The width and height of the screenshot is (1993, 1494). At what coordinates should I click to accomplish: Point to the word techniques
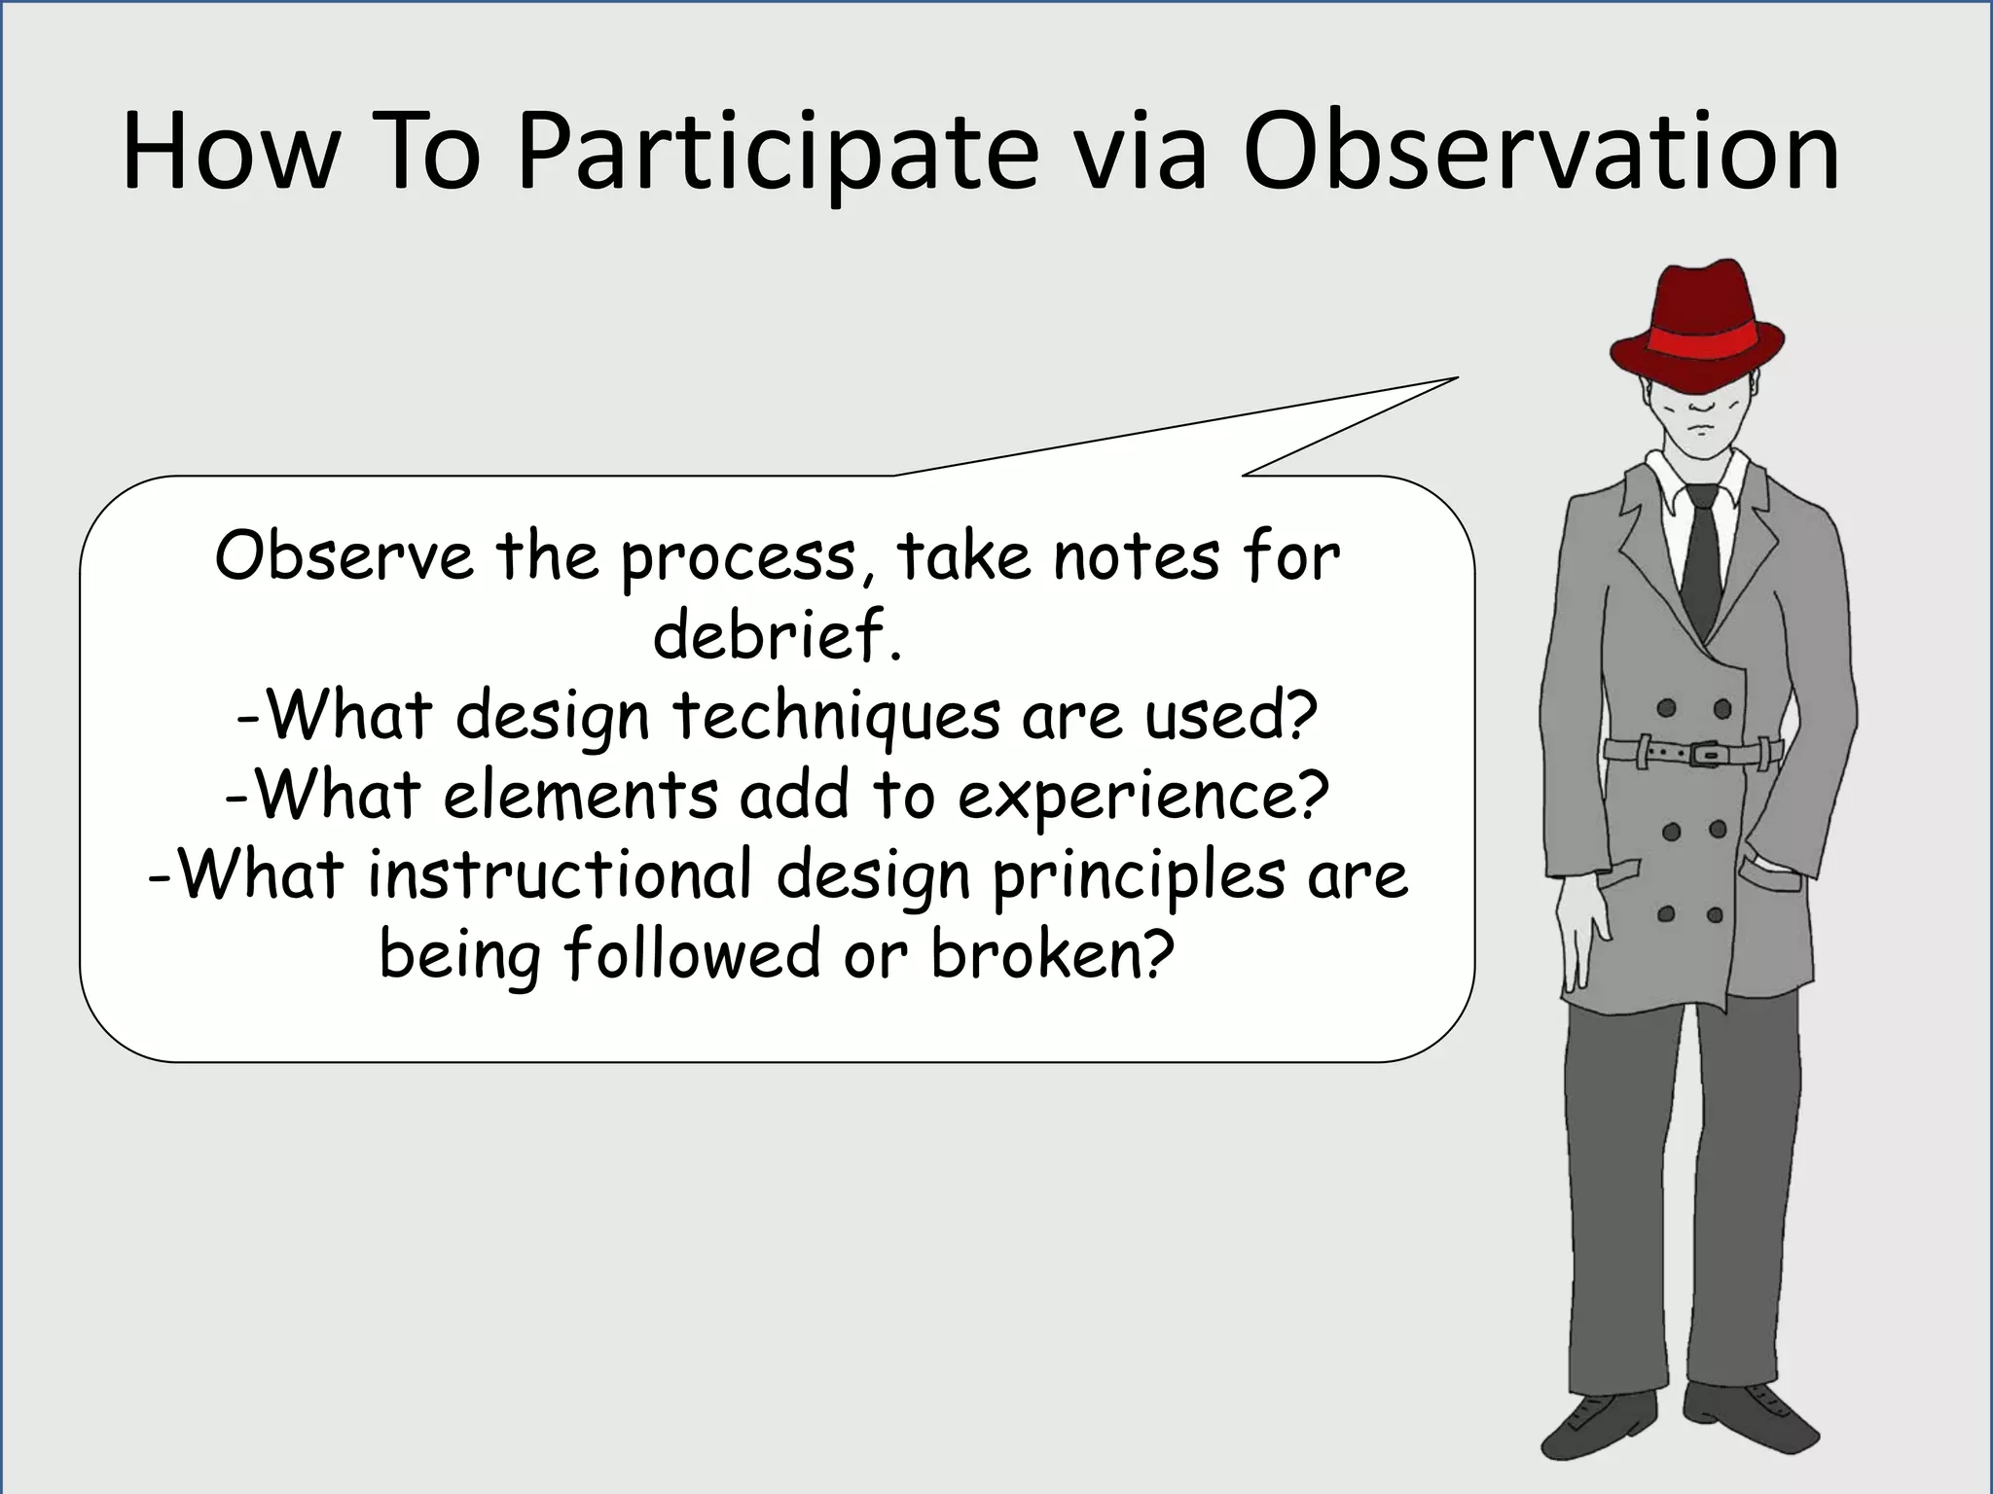pos(835,716)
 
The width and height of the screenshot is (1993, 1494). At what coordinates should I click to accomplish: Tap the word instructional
pos(560,873)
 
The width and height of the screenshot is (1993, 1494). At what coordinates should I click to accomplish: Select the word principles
pos(1139,875)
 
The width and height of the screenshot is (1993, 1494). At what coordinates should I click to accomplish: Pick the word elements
pos(580,796)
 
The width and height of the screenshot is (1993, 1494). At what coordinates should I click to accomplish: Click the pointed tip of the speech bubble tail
pos(1456,378)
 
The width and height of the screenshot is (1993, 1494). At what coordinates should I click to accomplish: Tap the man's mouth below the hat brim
pos(1699,428)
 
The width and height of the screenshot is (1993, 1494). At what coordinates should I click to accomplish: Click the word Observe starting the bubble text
pos(344,556)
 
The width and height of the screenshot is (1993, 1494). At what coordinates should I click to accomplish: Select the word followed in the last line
pos(692,953)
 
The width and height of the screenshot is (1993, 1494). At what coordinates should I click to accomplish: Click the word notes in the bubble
pos(1136,556)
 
